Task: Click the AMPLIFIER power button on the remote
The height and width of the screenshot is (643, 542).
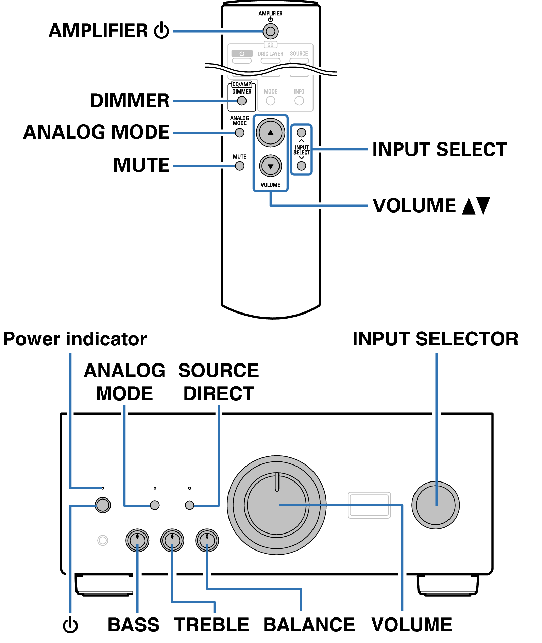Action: click(x=270, y=32)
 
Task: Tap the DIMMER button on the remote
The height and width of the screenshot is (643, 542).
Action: click(x=242, y=101)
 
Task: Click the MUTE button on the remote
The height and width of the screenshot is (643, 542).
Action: click(x=239, y=166)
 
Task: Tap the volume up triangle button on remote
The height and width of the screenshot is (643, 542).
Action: click(x=270, y=133)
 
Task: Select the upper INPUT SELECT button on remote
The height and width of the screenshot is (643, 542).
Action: click(x=301, y=133)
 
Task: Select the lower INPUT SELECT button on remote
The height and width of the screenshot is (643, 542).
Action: click(x=301, y=166)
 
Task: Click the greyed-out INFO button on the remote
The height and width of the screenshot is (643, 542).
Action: click(x=299, y=101)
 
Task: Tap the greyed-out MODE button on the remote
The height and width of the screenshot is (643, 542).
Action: click(x=270, y=101)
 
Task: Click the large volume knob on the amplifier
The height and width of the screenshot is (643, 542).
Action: click(x=276, y=505)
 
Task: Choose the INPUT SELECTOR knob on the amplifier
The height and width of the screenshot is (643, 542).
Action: click(x=436, y=505)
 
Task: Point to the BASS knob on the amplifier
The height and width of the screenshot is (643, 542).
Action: click(x=137, y=540)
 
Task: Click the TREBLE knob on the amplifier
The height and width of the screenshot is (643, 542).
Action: click(x=172, y=540)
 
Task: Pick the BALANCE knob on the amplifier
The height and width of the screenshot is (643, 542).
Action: click(x=207, y=540)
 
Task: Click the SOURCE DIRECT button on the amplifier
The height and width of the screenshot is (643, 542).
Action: click(x=189, y=505)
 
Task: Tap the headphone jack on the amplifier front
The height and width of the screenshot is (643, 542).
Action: click(x=103, y=540)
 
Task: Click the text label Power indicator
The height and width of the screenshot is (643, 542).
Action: click(x=75, y=339)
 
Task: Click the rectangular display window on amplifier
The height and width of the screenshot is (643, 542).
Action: click(x=369, y=505)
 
